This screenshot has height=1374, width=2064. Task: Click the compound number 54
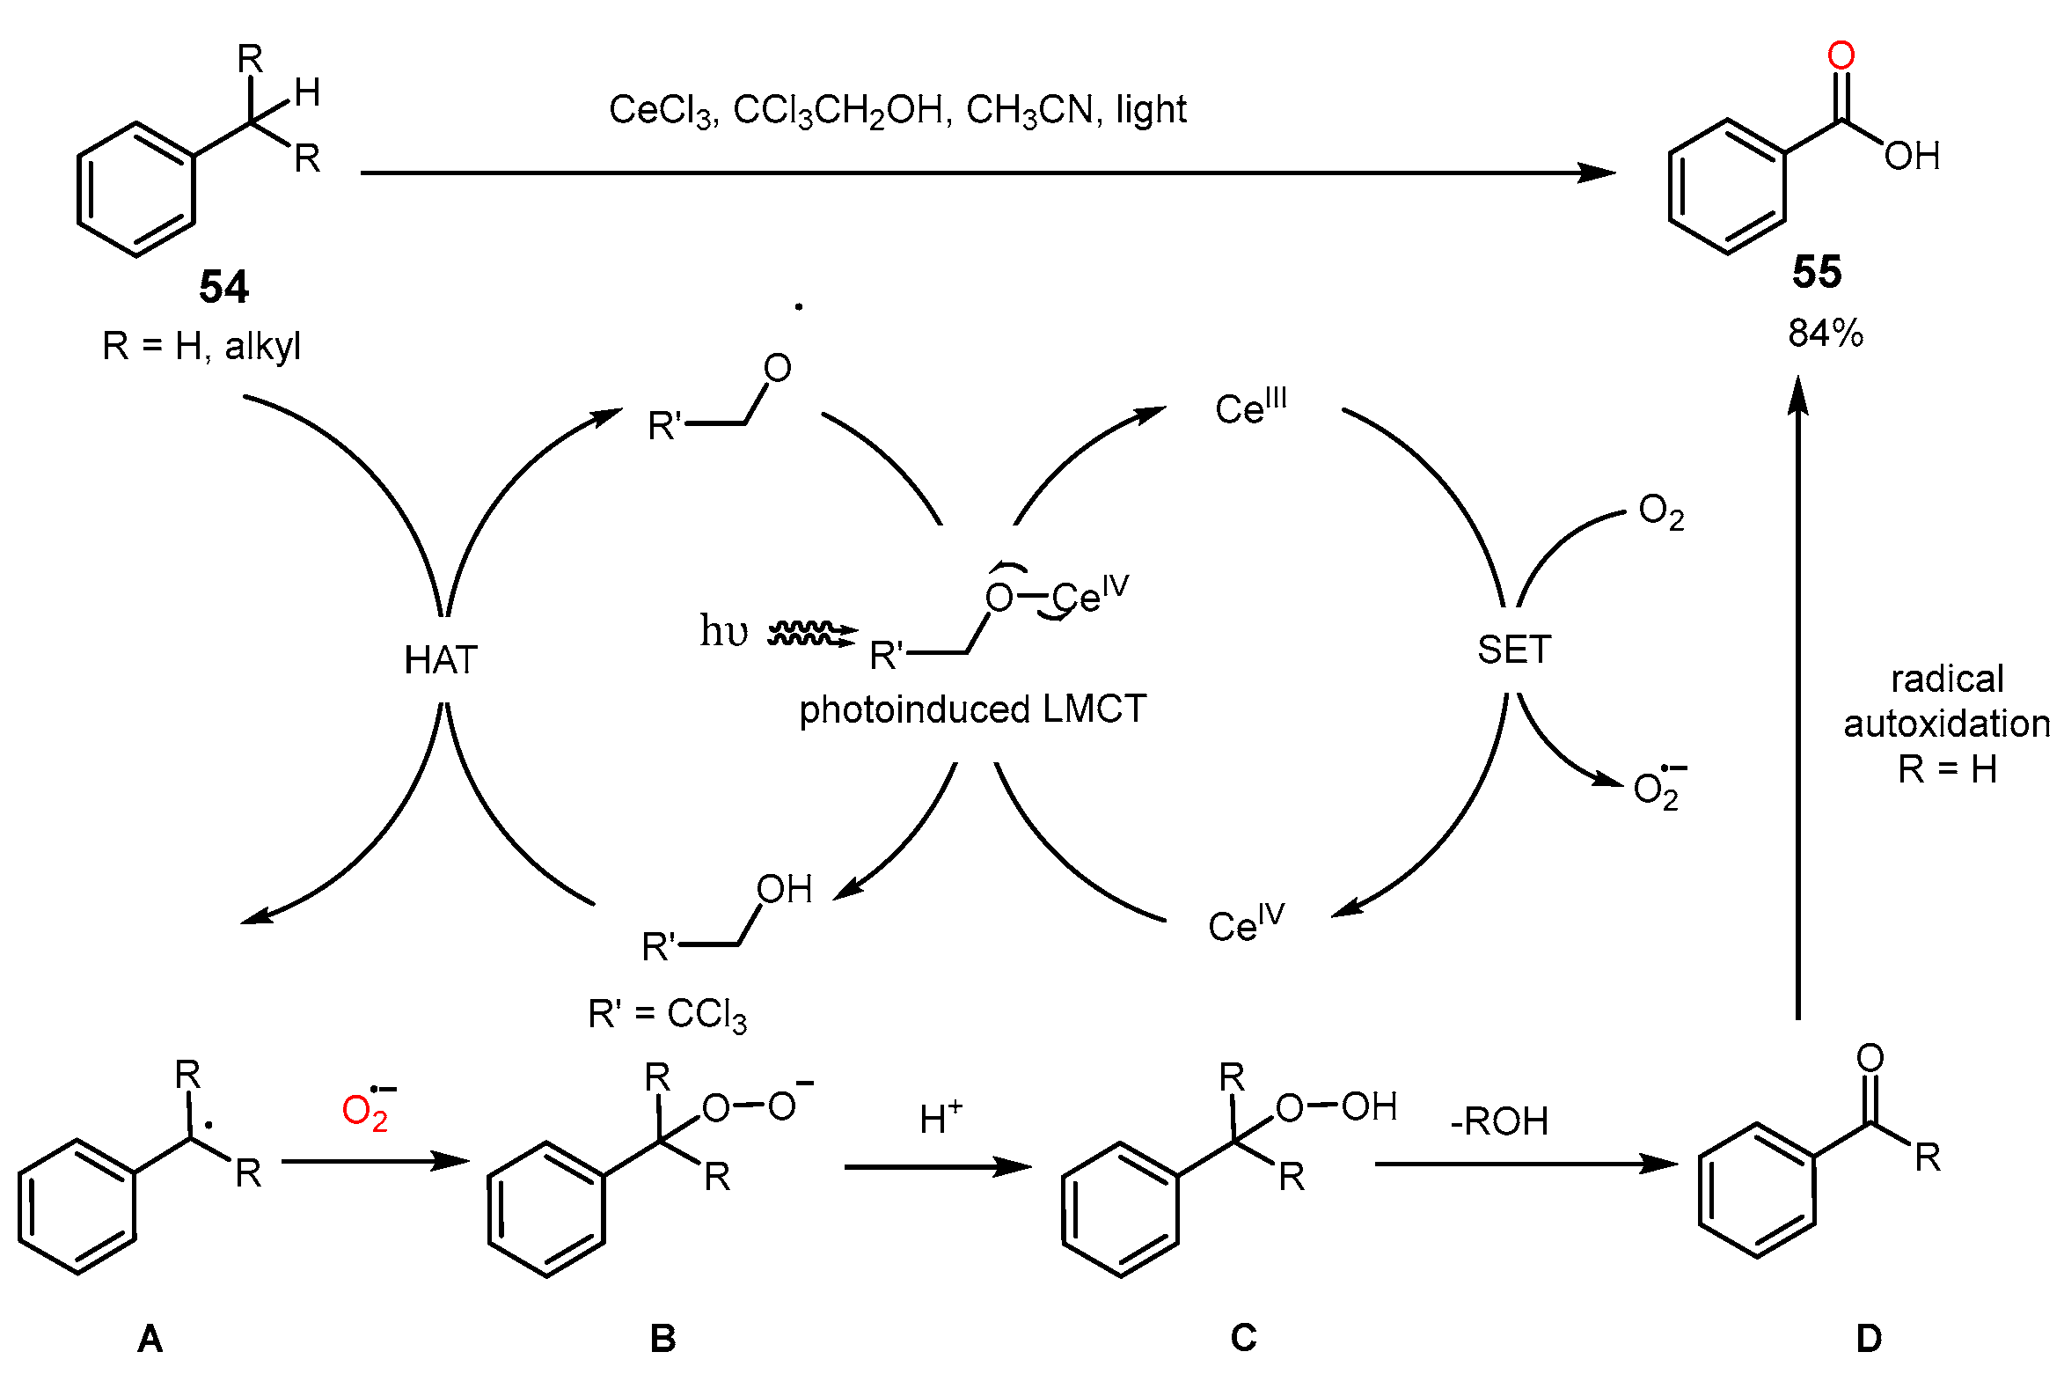[x=223, y=287]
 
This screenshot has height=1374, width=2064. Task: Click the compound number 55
[x=1817, y=272]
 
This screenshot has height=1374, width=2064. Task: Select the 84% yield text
[x=1826, y=334]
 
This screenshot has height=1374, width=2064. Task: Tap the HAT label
[x=441, y=660]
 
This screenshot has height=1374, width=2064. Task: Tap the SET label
[x=1513, y=650]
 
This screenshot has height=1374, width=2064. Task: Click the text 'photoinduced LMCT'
[x=972, y=709]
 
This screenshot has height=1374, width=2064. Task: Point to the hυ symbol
[x=723, y=631]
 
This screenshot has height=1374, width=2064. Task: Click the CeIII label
[x=1249, y=407]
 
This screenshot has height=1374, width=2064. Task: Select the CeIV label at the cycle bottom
[x=1245, y=923]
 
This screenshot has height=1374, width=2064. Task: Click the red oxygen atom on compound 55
[x=1841, y=55]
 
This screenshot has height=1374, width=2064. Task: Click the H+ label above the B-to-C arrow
[x=941, y=1120]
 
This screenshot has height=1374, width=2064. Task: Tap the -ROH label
[x=1499, y=1121]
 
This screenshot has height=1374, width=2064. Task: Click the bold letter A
[x=150, y=1339]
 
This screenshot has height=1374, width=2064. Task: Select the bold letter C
[x=1243, y=1338]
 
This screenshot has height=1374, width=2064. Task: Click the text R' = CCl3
[x=667, y=1015]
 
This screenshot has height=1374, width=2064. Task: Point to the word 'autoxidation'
[x=1946, y=724]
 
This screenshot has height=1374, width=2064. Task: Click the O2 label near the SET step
[x=1661, y=511]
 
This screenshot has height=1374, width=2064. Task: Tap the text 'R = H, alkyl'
[x=201, y=346]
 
